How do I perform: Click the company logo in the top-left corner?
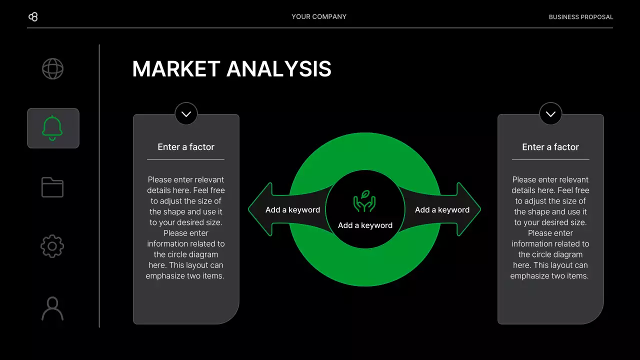(x=33, y=17)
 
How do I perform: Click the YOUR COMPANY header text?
(x=319, y=17)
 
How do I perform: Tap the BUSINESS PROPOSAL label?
(x=580, y=17)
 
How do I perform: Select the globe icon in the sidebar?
(x=52, y=69)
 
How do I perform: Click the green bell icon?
(x=52, y=128)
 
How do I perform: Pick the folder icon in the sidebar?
(x=52, y=187)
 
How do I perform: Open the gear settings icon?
(x=52, y=246)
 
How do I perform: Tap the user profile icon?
(x=52, y=308)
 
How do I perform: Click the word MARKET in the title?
(x=176, y=69)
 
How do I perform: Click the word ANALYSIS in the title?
(x=279, y=69)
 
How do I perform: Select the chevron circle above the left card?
(x=186, y=114)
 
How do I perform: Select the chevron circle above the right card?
(x=550, y=114)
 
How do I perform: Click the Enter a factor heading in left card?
(x=186, y=147)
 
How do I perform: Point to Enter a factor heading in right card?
(x=550, y=147)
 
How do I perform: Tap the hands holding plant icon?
(x=364, y=201)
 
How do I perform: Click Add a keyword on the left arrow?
(x=292, y=210)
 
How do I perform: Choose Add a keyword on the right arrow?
(x=442, y=210)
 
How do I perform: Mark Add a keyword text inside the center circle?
(x=365, y=225)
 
